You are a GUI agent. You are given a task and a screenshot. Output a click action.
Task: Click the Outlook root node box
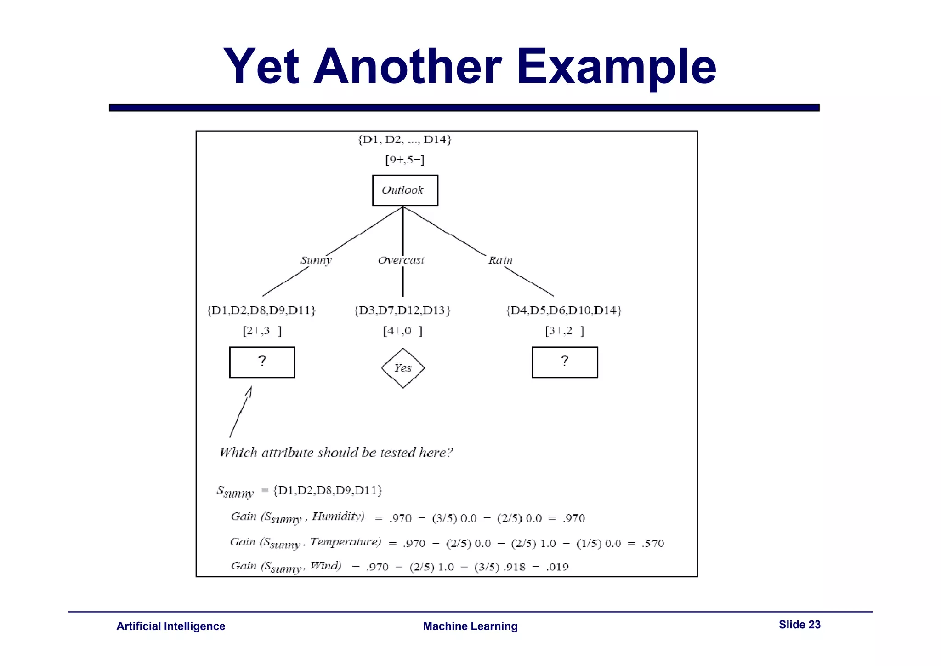(x=405, y=190)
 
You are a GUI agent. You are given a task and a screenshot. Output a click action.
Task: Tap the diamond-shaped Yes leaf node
(x=403, y=368)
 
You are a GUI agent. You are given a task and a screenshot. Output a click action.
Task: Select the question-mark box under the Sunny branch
(x=262, y=362)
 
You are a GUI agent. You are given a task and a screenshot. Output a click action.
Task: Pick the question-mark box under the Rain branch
(x=565, y=362)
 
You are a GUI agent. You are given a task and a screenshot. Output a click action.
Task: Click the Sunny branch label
(x=316, y=260)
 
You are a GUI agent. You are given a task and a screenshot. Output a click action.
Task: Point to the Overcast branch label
(x=401, y=260)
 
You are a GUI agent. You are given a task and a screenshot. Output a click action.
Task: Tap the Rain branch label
(x=500, y=260)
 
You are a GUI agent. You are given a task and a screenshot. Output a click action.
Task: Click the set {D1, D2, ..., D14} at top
(x=405, y=139)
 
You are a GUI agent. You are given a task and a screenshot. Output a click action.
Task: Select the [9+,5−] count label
(x=405, y=160)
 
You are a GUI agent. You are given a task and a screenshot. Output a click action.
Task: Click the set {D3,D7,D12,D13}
(x=402, y=310)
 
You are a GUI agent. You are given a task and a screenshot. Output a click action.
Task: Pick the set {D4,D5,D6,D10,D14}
(x=564, y=310)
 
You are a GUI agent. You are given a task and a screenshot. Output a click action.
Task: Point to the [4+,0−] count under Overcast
(x=402, y=331)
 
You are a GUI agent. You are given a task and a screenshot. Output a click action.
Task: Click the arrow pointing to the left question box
(x=241, y=411)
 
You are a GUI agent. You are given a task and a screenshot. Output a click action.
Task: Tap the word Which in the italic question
(x=238, y=453)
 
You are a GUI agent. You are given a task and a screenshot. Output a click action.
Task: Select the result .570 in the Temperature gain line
(x=653, y=544)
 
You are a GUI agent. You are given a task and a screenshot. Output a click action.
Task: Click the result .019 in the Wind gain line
(x=557, y=567)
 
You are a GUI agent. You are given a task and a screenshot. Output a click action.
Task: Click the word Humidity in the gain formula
(x=338, y=517)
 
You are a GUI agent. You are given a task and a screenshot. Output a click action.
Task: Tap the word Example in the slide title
(x=616, y=67)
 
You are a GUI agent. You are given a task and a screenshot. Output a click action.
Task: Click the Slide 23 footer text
(x=799, y=625)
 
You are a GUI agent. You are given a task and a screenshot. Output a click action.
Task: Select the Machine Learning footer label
(x=470, y=626)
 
